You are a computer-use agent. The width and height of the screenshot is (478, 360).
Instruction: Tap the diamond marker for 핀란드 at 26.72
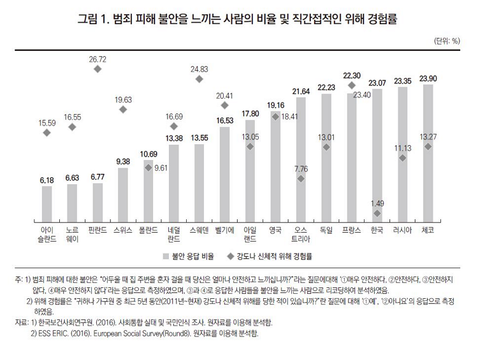point(97,68)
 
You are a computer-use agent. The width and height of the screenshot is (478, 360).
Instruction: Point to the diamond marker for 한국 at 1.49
point(377,213)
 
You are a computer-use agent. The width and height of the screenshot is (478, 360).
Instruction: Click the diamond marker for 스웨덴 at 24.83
point(199,79)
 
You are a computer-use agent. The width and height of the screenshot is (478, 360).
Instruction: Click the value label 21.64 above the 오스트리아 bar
point(301,92)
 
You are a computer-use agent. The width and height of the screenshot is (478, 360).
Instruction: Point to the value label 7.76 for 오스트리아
point(301,169)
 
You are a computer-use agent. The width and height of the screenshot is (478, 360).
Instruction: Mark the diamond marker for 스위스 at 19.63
point(123,110)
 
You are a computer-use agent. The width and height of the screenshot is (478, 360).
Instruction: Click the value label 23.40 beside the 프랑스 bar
point(361,95)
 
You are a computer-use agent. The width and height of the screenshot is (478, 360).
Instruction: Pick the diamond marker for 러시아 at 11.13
point(403,157)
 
